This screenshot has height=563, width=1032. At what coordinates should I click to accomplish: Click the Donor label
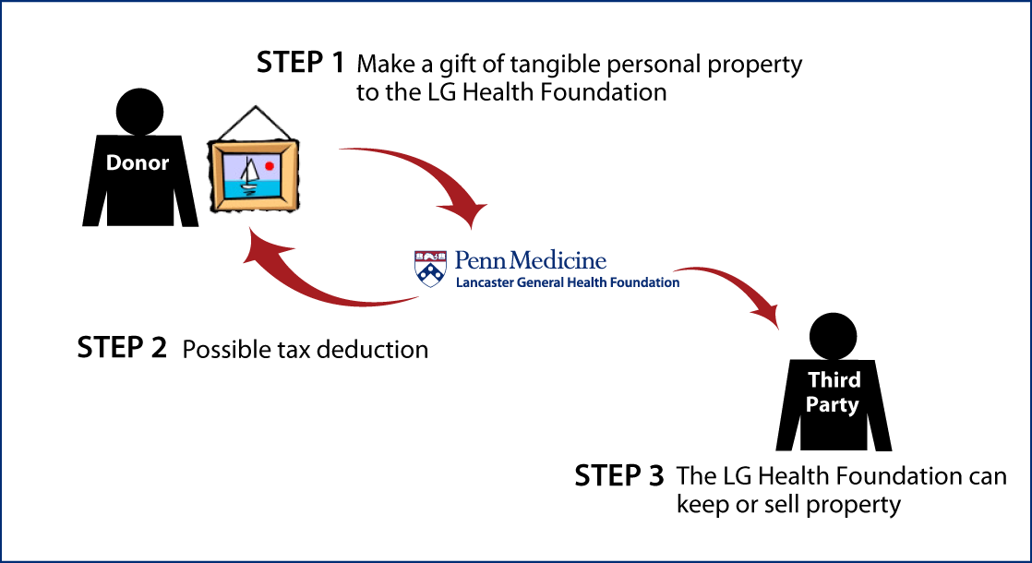point(138,163)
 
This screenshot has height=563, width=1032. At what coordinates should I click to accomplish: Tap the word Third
point(834,380)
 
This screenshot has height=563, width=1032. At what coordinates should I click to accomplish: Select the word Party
point(832,405)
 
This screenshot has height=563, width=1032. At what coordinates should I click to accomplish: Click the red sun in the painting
point(270,166)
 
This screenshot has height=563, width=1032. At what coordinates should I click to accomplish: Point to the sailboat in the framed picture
point(247,175)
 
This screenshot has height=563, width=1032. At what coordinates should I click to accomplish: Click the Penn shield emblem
point(430,268)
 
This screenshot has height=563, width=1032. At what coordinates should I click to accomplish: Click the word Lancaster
point(484,282)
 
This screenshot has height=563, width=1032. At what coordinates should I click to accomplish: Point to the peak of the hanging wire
point(256,106)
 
